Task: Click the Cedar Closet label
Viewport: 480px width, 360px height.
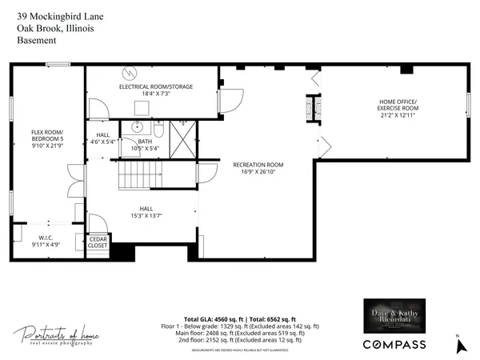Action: (x=98, y=242)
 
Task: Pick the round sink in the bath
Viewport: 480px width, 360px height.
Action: (x=138, y=127)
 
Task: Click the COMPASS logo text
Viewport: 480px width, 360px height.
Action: (x=394, y=344)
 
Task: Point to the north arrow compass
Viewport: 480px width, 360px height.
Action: (x=459, y=346)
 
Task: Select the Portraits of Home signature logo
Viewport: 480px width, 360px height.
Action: (x=53, y=336)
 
